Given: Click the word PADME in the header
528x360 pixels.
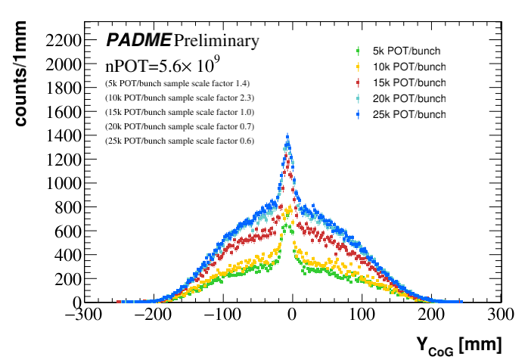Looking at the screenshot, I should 138,40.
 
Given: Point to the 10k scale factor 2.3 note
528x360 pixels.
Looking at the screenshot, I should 179,98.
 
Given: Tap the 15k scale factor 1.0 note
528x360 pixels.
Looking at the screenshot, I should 179,112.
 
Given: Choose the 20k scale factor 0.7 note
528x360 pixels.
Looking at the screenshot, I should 179,126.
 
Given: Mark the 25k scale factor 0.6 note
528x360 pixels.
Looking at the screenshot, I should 179,141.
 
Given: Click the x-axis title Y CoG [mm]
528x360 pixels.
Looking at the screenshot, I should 458,344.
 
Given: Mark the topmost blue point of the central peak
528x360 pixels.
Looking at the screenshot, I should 287,137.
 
